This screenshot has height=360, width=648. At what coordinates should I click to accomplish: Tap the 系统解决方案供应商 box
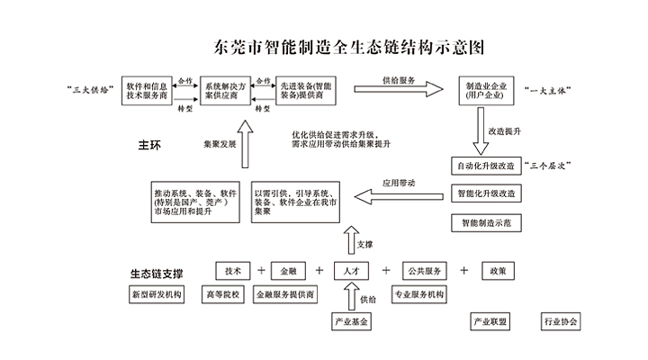tap(228, 91)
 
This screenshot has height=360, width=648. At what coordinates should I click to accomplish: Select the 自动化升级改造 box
tap(487, 167)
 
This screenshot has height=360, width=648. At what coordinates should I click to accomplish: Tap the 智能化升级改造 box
tap(487, 194)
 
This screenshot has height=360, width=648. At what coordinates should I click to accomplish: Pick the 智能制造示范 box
tap(487, 220)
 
